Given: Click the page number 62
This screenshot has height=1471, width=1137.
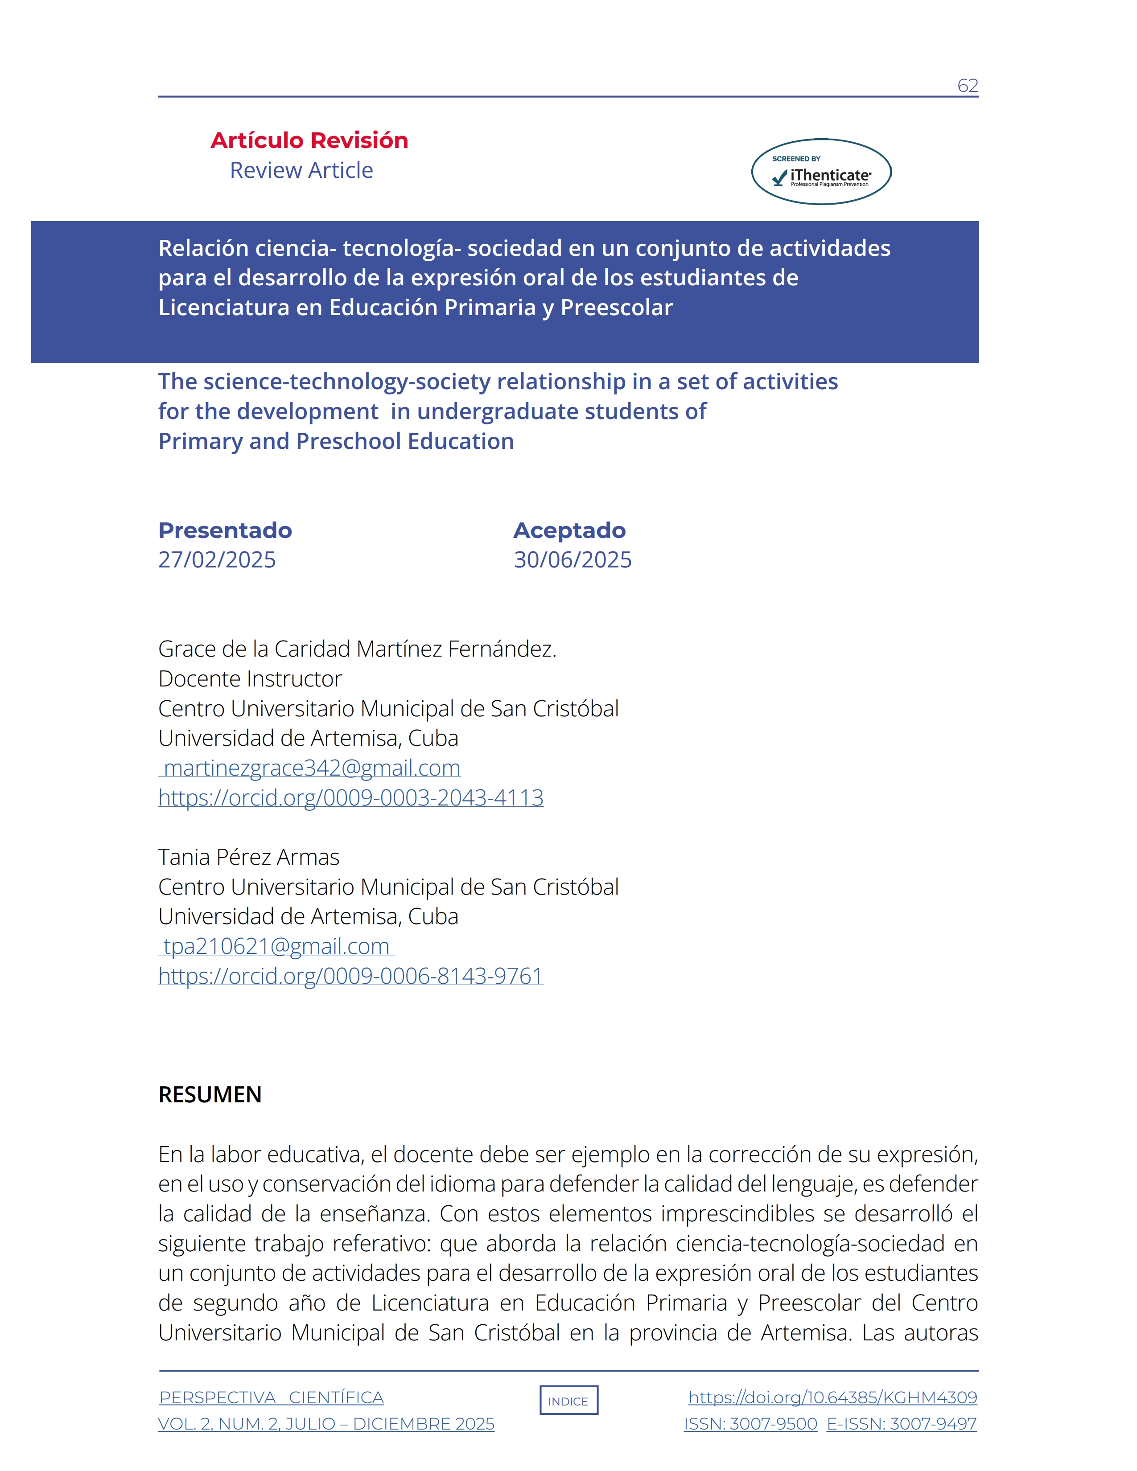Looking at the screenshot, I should point(967,86).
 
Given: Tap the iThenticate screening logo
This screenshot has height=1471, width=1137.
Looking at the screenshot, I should point(821,172).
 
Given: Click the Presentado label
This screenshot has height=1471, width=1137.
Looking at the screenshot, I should point(225,530).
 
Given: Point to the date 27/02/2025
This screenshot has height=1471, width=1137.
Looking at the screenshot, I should point(217,560).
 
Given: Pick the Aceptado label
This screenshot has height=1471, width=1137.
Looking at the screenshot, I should point(569,530).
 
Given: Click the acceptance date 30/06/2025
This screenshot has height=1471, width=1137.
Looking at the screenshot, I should point(573,560).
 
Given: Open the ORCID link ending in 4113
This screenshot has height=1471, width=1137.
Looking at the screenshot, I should point(351,797).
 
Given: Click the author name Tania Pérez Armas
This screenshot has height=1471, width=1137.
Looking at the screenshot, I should point(248,857).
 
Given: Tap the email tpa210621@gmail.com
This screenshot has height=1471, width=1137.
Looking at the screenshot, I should point(276,946).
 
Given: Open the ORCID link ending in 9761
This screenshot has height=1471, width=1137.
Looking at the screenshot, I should point(351,976).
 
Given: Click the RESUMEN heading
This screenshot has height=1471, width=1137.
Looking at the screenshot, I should point(210,1094).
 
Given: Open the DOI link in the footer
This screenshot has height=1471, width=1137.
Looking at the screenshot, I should point(832,1397).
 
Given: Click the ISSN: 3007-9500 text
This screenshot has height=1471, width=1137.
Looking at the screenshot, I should point(750,1424).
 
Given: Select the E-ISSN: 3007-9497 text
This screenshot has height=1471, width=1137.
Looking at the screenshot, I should point(901,1424).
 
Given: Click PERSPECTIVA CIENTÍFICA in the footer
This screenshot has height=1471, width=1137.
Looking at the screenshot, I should point(272,1397).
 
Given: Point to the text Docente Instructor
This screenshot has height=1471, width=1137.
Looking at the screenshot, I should point(250,679).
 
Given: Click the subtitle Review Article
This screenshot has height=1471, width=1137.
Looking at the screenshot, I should point(301,170).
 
